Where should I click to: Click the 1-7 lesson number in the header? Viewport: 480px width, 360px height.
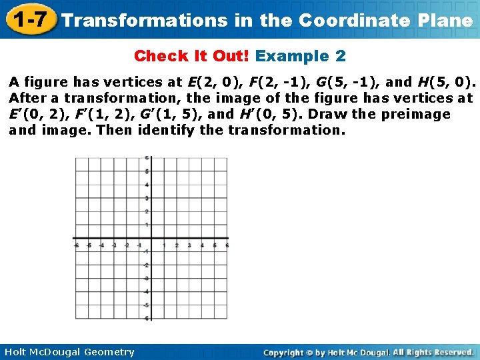point(27,19)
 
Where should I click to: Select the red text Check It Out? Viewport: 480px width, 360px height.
point(192,55)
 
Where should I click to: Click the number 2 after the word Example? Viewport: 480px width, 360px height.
point(341,55)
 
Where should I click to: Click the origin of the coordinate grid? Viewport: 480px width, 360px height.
point(151,239)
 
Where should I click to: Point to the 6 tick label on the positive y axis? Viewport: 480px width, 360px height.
point(147,158)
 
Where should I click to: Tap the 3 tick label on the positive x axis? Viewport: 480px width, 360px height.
point(189,246)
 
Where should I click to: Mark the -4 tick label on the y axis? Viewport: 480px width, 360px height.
point(146,292)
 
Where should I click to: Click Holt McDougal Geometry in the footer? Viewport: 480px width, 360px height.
point(68,352)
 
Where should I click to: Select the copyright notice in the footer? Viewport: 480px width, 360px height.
point(368,352)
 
